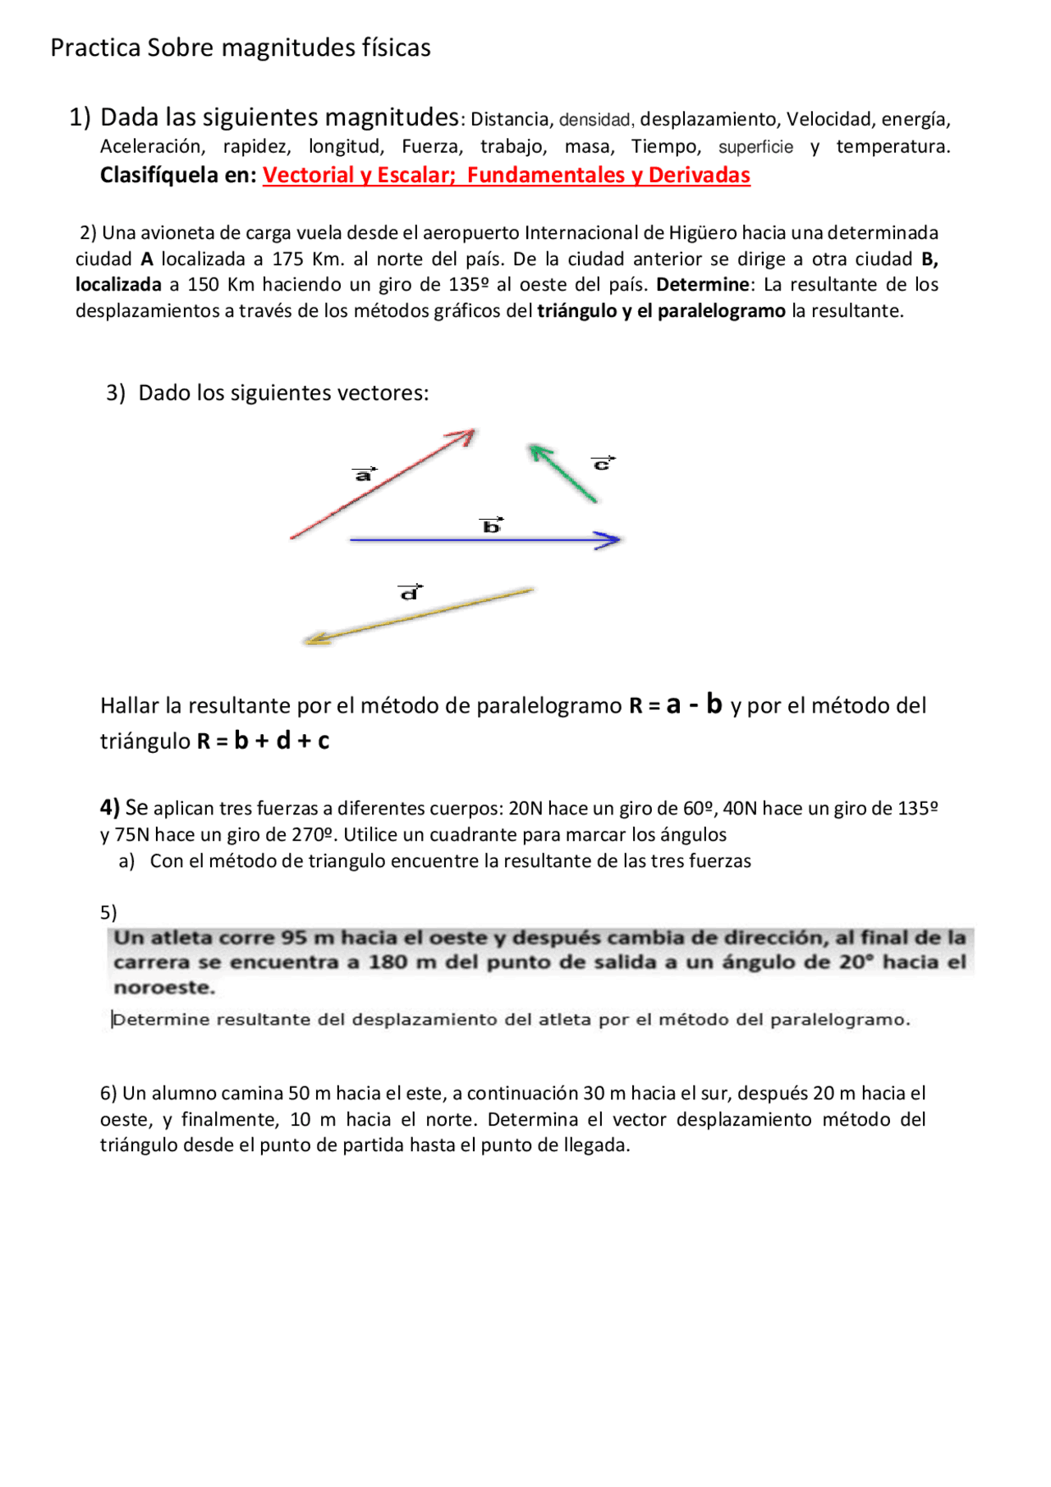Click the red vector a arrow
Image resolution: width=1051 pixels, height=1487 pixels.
click(383, 484)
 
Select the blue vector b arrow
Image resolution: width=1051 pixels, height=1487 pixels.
click(484, 539)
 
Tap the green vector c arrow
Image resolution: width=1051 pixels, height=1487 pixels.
click(563, 473)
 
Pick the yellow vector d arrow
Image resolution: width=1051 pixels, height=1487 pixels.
click(419, 616)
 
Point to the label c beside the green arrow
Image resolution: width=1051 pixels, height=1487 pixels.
click(603, 464)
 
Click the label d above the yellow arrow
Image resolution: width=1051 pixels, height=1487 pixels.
click(410, 592)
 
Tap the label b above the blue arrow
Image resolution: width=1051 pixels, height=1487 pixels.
click(491, 525)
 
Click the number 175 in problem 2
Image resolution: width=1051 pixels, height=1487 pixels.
click(287, 259)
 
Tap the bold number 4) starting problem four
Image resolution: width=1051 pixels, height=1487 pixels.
click(110, 807)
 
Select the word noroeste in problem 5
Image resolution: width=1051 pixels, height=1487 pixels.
click(164, 987)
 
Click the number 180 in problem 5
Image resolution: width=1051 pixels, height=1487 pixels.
click(388, 962)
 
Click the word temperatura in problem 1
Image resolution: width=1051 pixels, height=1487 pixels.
click(893, 147)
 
